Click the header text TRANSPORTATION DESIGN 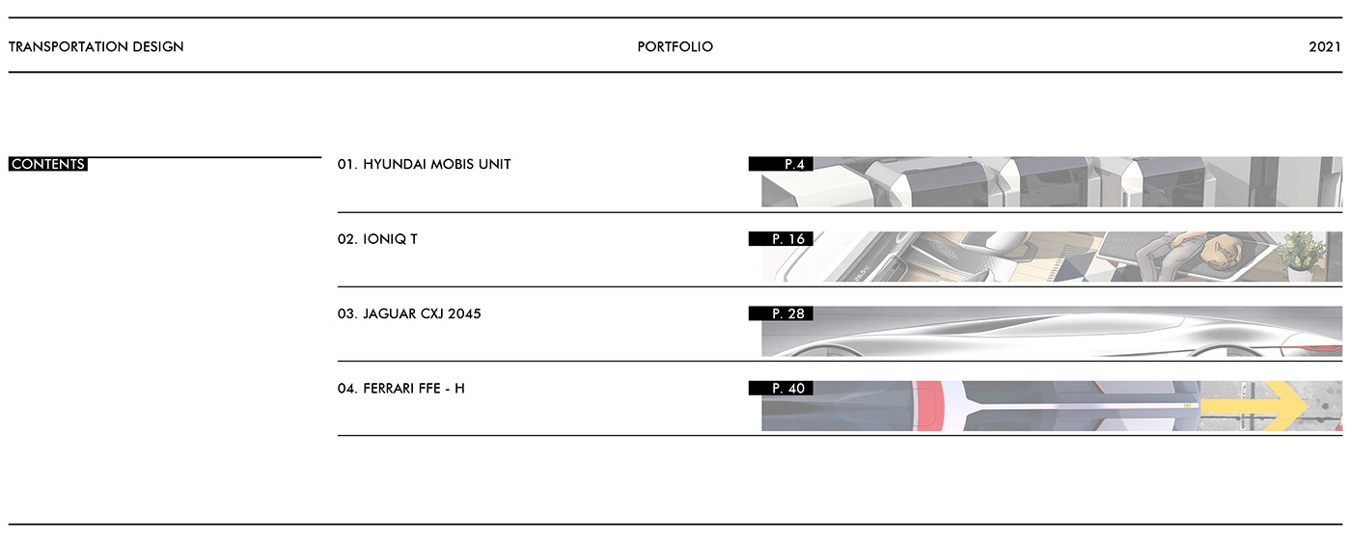tap(96, 46)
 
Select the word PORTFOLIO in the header tap(675, 46)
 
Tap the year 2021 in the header tap(1325, 46)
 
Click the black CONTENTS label tap(48, 164)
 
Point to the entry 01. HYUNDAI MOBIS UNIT tap(424, 164)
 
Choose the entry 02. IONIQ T tap(377, 238)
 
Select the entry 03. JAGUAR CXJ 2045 tap(409, 313)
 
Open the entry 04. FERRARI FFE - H tap(400, 388)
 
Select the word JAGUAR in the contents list tap(390, 313)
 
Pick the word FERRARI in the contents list tap(391, 388)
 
